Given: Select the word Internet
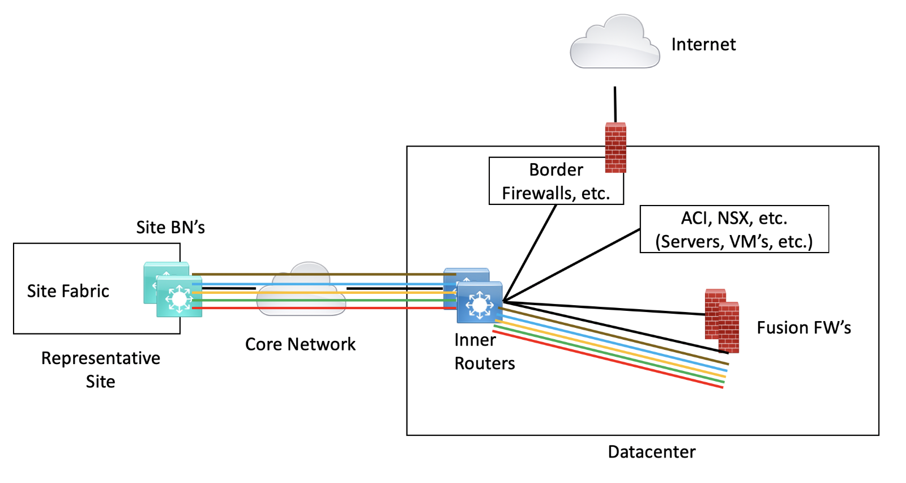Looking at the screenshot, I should (x=703, y=44).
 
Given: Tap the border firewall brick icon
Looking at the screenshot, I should (x=616, y=147).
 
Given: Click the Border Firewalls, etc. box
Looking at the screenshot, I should (x=555, y=181).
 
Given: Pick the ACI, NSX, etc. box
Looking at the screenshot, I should (x=734, y=229).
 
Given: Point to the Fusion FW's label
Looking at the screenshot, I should (x=804, y=327).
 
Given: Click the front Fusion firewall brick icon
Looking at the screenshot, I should (x=729, y=328).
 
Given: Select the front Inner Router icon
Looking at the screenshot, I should (x=480, y=303).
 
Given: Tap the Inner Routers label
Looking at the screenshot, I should (x=484, y=352).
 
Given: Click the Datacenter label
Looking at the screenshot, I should (x=651, y=452).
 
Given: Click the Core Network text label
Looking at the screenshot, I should (x=300, y=344).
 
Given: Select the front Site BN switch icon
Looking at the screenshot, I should (x=179, y=297).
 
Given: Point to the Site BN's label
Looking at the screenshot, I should (x=170, y=228).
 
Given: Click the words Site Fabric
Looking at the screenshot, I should (x=68, y=291).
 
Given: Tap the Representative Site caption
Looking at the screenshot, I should (x=101, y=370).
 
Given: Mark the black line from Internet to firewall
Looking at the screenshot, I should (x=615, y=105).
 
